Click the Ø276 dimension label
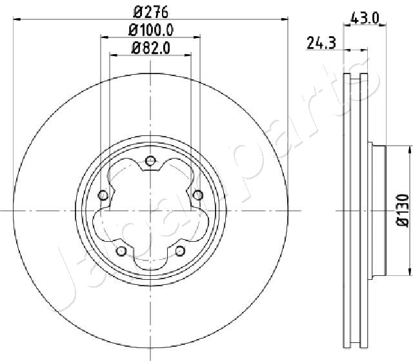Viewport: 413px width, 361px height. (x=150, y=12)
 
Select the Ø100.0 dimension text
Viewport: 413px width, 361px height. (x=151, y=30)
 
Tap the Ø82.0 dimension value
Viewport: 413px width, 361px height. (x=151, y=48)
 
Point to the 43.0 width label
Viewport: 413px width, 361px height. (x=365, y=19)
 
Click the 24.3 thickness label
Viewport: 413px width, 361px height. (x=321, y=43)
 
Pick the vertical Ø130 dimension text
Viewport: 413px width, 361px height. (x=403, y=211)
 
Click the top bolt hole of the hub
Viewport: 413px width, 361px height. (x=150, y=161)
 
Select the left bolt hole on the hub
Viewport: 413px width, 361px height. (x=103, y=195)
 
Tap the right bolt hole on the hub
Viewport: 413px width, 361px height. (x=198, y=195)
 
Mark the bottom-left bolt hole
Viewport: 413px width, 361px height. (x=121, y=251)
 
